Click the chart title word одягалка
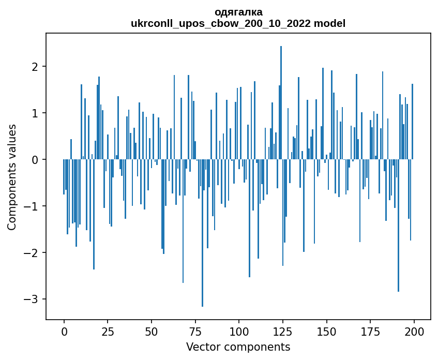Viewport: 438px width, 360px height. pos(238,12)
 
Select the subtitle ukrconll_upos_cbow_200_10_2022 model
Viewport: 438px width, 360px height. pos(238,23)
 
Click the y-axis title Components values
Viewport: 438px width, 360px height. pos(11,177)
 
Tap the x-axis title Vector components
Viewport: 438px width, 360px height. pos(238,347)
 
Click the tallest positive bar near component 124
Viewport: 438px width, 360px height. pos(281,103)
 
